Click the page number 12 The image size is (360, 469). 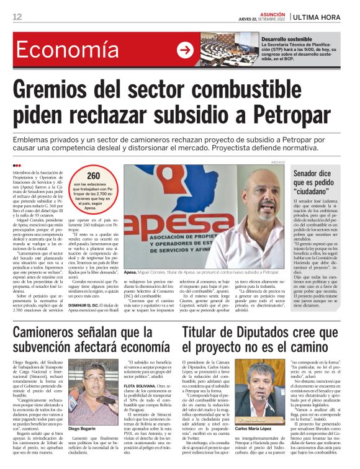(17, 17)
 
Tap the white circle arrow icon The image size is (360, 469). (185, 50)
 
